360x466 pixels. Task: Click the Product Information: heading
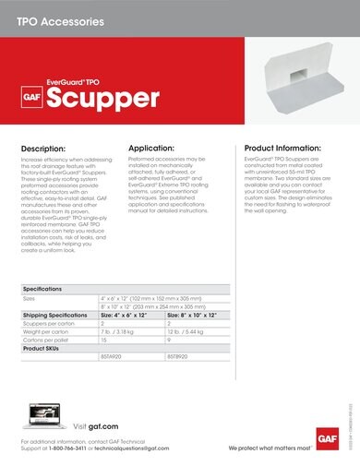(x=288, y=148)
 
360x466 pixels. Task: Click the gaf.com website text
(x=103, y=427)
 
